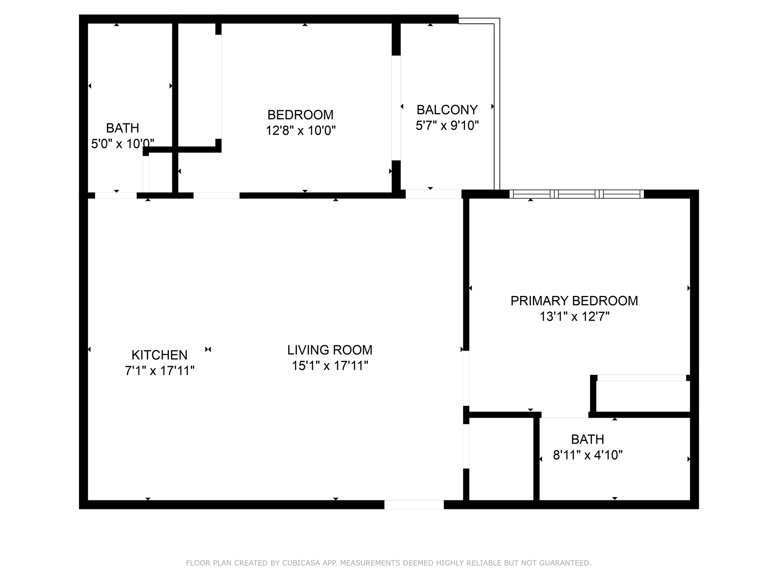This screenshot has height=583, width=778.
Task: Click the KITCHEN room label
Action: point(159,355)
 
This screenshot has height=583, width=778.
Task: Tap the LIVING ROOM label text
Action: point(330,350)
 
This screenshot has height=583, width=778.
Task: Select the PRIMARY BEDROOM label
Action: point(574,301)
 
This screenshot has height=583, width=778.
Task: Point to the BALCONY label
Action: point(447,110)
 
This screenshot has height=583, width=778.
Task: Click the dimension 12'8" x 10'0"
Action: point(301,130)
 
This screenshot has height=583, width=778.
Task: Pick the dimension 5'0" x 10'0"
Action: point(122,143)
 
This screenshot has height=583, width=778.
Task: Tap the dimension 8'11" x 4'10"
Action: point(588,455)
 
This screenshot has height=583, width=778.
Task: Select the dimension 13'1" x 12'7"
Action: point(574,316)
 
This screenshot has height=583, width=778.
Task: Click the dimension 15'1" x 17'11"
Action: point(330,366)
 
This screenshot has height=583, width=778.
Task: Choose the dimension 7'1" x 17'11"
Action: point(160,370)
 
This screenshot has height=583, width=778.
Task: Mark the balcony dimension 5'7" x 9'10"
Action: point(447,126)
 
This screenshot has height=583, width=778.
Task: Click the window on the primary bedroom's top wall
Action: point(577,194)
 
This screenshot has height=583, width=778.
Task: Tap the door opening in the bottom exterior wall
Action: point(414,504)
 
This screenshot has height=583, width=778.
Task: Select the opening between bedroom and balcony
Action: point(396,108)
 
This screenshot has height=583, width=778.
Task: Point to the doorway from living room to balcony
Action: point(434,194)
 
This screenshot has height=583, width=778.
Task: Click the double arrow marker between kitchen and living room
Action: point(208,349)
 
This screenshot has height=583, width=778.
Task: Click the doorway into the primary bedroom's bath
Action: point(565,415)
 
